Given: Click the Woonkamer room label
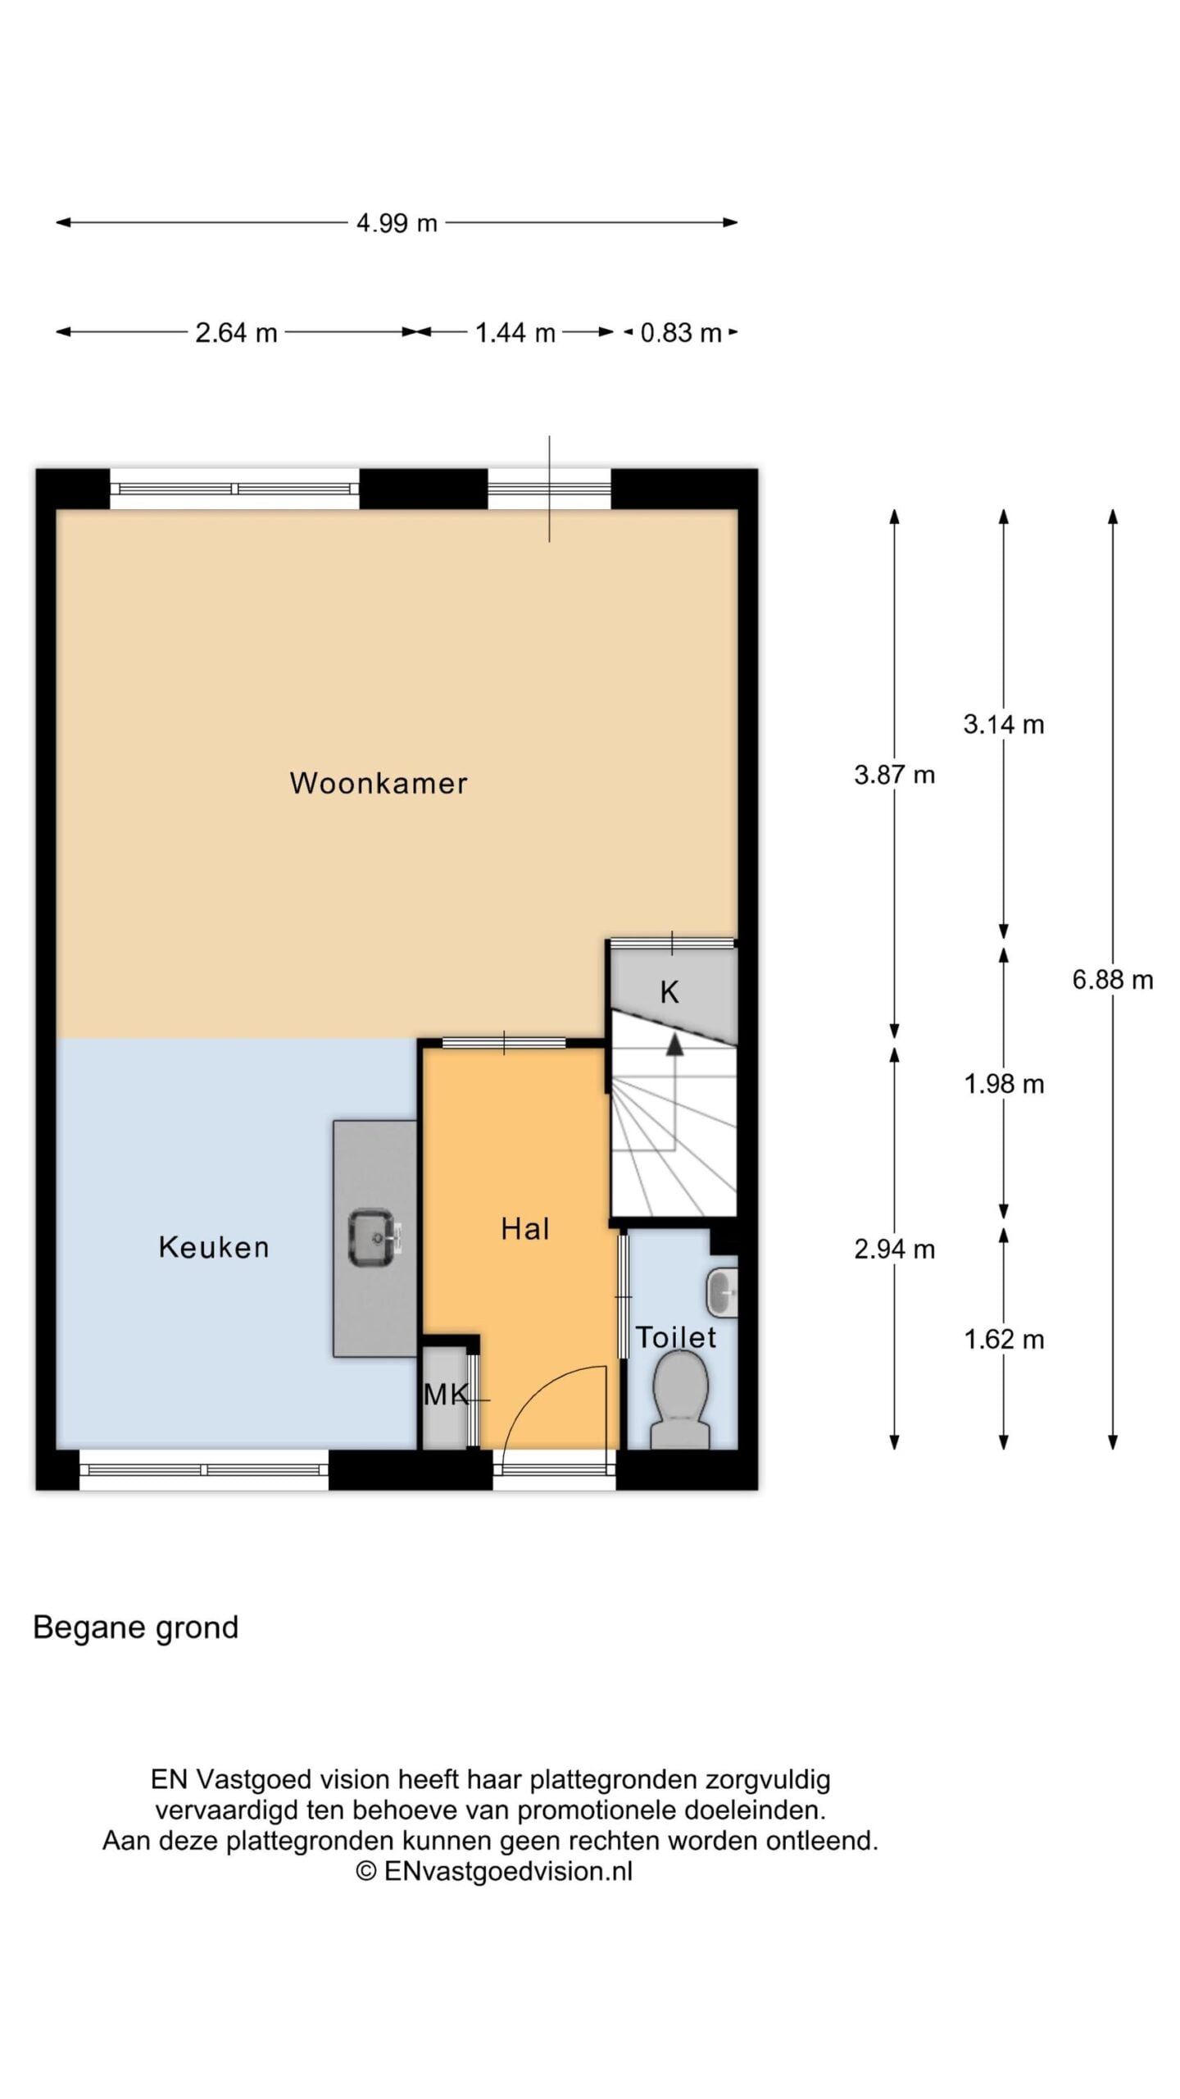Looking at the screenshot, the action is (378, 783).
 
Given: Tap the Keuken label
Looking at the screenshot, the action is (213, 1247).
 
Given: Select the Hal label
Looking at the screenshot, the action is (524, 1228).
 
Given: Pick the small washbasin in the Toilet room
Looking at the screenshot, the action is (722, 1292).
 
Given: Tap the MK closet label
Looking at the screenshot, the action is (446, 1394).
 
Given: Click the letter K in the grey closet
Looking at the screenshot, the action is (669, 993).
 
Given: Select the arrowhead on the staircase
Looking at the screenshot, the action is (674, 1044).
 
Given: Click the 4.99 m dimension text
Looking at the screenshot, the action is (397, 223).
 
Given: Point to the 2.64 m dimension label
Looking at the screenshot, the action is (236, 333).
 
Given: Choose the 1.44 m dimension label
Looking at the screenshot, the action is (515, 333).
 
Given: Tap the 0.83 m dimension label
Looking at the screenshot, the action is (681, 333).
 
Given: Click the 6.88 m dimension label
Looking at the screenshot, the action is (1113, 979).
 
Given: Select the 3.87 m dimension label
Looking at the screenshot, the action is (894, 775).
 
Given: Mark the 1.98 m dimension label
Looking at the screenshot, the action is (1004, 1084).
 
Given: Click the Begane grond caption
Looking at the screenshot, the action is (135, 1628).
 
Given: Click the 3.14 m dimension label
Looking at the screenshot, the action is (1004, 724).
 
